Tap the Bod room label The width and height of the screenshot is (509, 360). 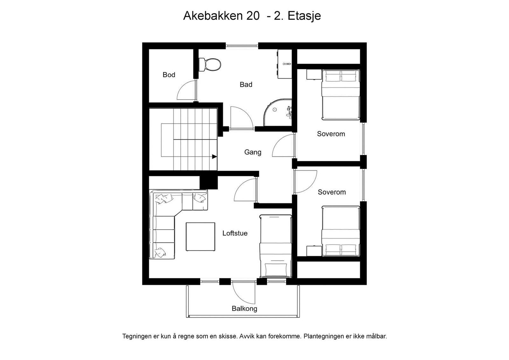pyautogui.click(x=169, y=75)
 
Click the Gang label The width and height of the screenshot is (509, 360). pyautogui.click(x=253, y=152)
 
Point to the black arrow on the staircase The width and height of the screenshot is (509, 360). pyautogui.click(x=214, y=156)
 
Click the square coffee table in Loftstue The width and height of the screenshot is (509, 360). pyautogui.click(x=200, y=237)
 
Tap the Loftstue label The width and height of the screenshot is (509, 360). pyautogui.click(x=235, y=233)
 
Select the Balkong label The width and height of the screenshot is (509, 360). pyautogui.click(x=244, y=308)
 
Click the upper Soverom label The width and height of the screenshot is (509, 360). pyautogui.click(x=331, y=134)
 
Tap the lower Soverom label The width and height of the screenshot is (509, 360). pyautogui.click(x=331, y=192)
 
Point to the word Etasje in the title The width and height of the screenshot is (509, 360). pyautogui.click(x=304, y=16)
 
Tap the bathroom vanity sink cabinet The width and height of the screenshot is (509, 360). pyautogui.click(x=285, y=64)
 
